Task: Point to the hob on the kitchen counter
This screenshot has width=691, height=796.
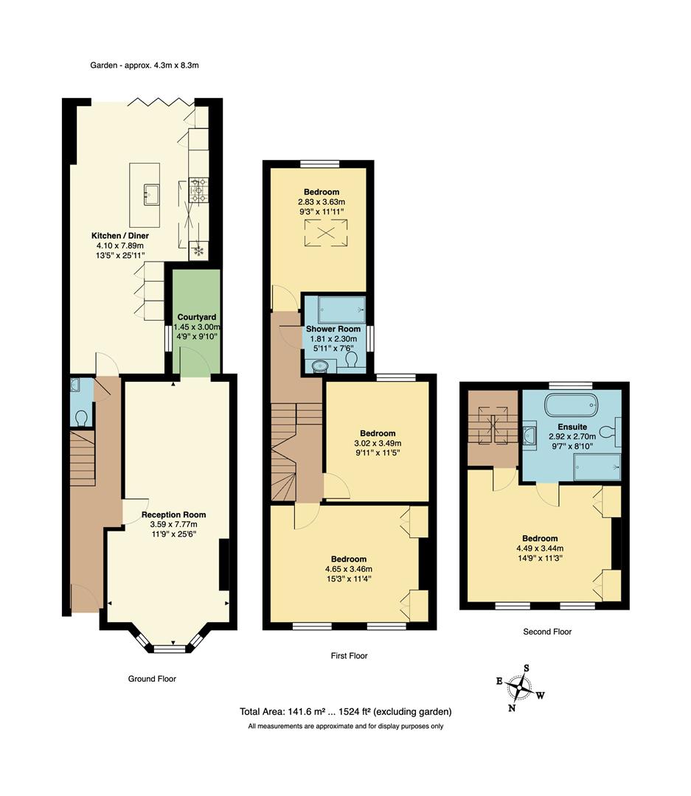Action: click(198, 190)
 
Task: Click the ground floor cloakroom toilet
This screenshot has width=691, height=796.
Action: click(80, 417)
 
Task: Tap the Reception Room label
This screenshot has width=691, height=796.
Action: click(173, 514)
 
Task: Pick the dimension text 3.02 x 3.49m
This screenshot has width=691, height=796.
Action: click(378, 444)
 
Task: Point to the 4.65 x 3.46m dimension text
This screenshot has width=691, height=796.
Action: click(349, 569)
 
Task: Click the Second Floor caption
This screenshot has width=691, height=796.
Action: click(547, 632)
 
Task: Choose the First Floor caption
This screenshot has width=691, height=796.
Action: click(350, 655)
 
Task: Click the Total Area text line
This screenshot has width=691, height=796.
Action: click(345, 712)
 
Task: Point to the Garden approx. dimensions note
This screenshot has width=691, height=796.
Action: click(145, 65)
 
